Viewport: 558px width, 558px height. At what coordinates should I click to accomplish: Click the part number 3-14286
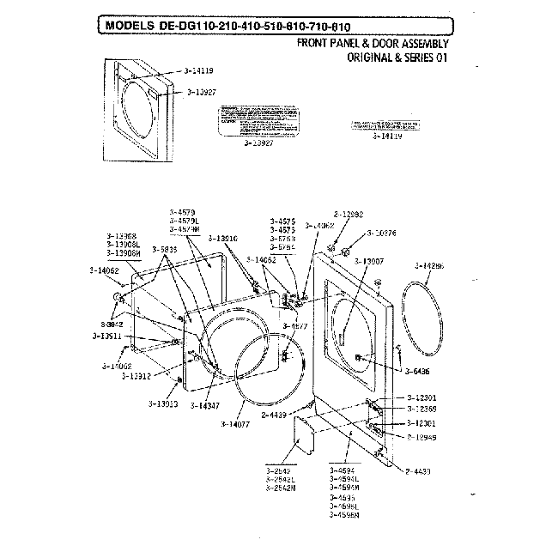430,266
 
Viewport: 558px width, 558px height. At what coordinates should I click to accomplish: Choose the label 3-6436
417,371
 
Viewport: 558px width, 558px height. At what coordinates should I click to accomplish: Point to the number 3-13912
136,376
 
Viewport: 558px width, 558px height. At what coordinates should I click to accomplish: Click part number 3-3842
112,324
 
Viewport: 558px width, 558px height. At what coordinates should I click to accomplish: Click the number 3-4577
295,327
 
